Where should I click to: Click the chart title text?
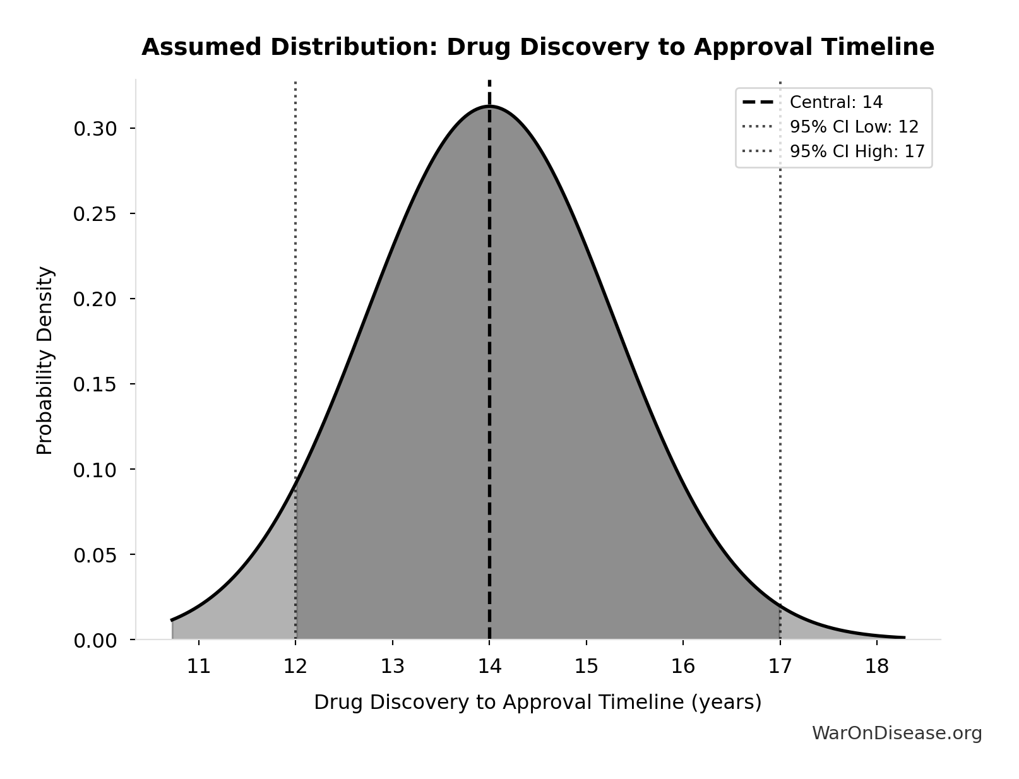(537, 47)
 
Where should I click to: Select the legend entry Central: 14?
(836, 102)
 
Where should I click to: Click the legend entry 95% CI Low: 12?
(854, 127)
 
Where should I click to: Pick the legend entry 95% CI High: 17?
(857, 152)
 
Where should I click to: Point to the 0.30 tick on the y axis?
(95, 129)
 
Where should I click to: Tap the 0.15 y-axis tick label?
(95, 384)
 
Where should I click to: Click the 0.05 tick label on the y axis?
(95, 556)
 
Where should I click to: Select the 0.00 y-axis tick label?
(95, 641)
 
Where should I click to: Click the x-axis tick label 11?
(199, 666)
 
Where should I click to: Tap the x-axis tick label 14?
(489, 666)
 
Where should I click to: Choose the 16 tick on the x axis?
(683, 666)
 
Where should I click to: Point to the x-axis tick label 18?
(877, 666)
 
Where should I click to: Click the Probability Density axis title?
(45, 360)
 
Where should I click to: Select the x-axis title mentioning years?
(537, 703)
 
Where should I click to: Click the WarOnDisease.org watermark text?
(897, 733)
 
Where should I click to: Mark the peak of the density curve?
(489, 106)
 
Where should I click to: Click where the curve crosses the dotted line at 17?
(780, 605)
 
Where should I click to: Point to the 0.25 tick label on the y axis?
(95, 214)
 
